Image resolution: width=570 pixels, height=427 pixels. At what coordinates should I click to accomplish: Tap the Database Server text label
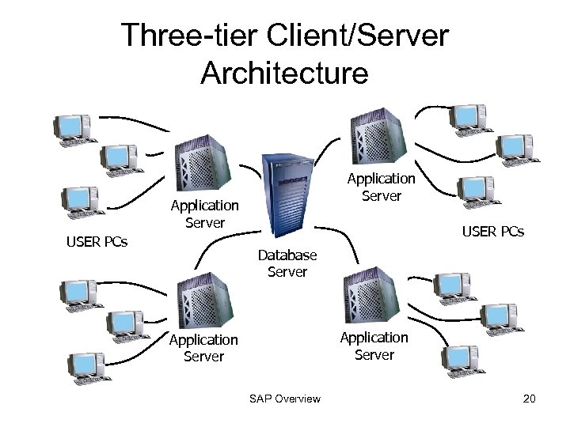tap(287, 263)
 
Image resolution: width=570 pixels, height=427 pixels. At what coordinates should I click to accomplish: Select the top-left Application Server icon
tap(201, 163)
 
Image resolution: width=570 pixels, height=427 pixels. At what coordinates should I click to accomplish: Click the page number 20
tap(530, 399)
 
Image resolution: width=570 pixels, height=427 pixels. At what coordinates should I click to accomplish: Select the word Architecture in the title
tap(284, 73)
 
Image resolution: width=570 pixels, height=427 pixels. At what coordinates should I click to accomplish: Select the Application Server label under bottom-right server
tap(374, 346)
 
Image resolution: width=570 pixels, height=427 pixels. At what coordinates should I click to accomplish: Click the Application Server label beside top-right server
tap(381, 187)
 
